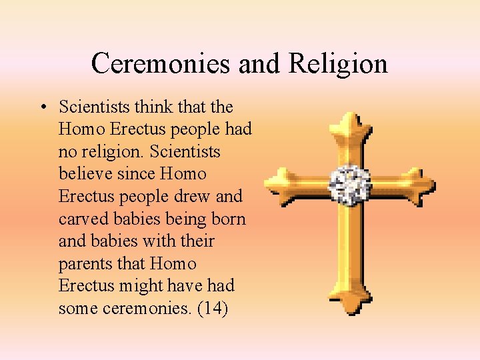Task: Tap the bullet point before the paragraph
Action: [x=42, y=107]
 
